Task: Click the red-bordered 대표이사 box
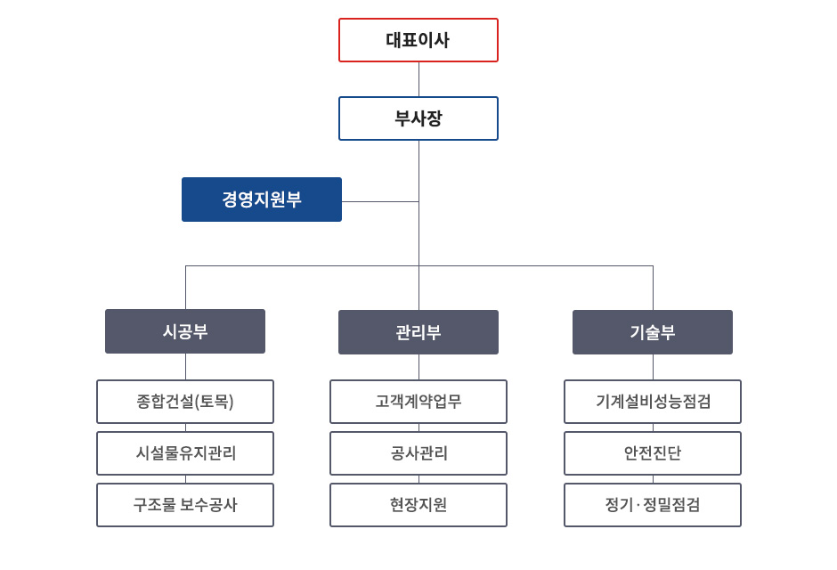click(x=418, y=40)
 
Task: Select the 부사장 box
click(x=418, y=118)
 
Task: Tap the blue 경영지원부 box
click(x=262, y=199)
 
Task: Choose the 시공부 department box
click(x=185, y=331)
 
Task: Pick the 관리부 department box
click(x=418, y=332)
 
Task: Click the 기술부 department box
click(x=653, y=332)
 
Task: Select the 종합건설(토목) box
click(x=185, y=402)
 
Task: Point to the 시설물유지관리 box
click(x=185, y=453)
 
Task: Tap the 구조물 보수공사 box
click(x=185, y=505)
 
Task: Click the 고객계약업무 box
click(x=418, y=402)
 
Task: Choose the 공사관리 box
click(x=418, y=453)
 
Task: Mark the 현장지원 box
click(x=418, y=505)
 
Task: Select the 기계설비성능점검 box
click(x=653, y=402)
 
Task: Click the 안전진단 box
click(x=653, y=453)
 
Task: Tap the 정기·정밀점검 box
click(x=653, y=505)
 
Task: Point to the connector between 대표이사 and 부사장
click(x=418, y=79)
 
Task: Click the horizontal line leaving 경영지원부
click(x=380, y=202)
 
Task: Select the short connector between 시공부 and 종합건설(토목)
click(x=186, y=367)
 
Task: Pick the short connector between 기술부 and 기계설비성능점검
click(x=653, y=367)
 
